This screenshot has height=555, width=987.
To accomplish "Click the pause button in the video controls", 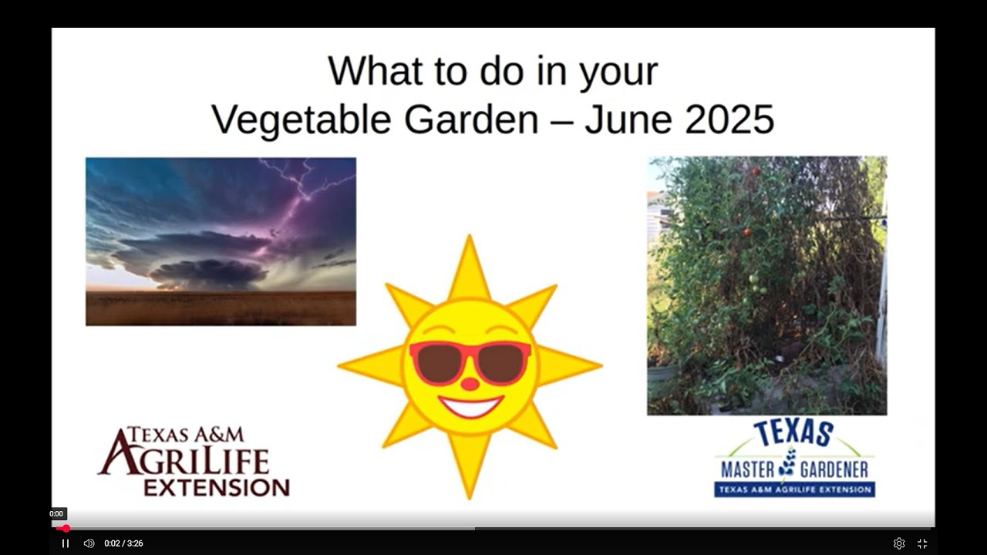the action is point(66,543).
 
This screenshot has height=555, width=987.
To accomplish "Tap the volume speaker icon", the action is point(89,543).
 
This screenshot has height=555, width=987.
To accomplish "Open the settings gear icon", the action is point(899,543).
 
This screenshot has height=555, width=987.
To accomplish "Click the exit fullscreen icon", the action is point(922,543).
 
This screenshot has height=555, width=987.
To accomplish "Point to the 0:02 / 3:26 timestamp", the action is point(123,543).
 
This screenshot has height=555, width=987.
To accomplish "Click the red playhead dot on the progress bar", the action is point(66,529).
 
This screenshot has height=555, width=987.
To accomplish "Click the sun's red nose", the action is point(470,384).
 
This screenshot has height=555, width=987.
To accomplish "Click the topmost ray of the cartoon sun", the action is point(469,267).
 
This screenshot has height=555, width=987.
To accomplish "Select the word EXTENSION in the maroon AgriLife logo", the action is point(217,488).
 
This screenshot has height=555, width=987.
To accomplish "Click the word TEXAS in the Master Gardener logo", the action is point(793,433).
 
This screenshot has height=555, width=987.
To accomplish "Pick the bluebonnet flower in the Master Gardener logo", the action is point(787,462).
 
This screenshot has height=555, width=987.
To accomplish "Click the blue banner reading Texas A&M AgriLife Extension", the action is point(794,489).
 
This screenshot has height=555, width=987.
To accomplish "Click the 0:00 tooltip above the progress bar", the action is point(56,513).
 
